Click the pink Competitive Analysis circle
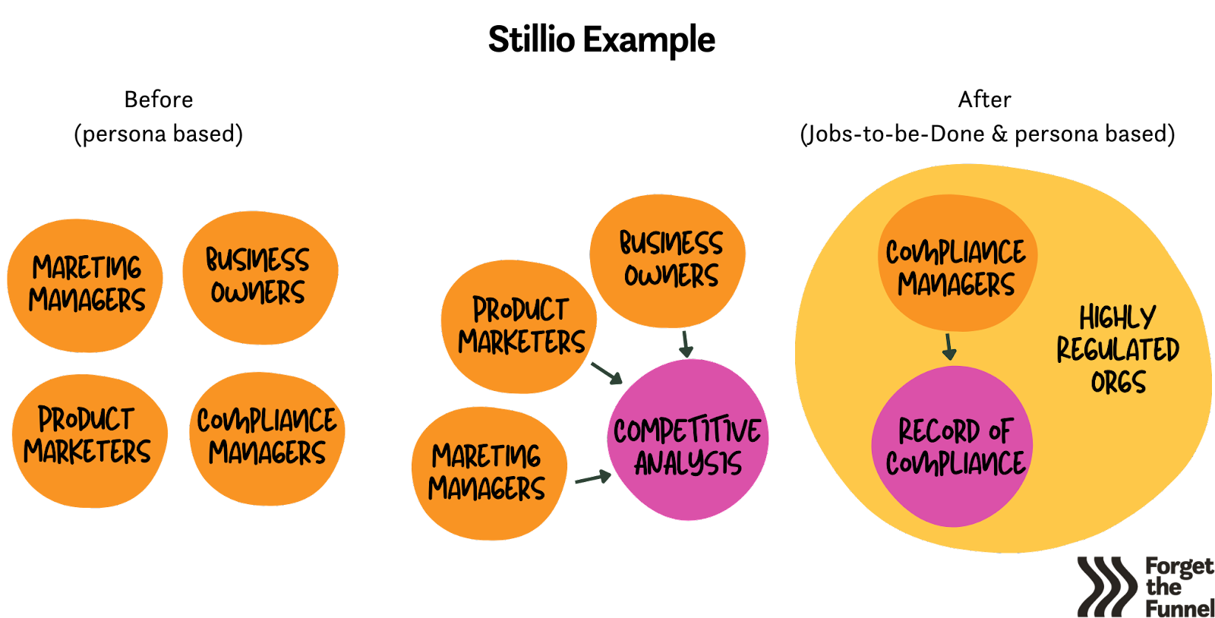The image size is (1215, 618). tap(688, 440)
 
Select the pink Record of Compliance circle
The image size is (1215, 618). tap(952, 446)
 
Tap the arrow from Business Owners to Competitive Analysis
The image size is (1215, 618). tap(686, 343)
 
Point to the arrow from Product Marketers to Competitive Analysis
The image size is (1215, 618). tap(607, 372)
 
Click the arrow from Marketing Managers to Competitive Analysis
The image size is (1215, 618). tap(593, 478)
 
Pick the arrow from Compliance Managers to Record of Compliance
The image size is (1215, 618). tap(948, 346)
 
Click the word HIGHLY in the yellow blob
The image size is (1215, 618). tap(1117, 317)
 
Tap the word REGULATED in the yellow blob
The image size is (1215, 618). tap(1118, 349)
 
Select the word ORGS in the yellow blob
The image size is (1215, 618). tap(1118, 382)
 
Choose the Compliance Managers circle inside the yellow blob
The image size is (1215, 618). tap(955, 262)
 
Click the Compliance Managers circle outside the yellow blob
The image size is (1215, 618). tap(267, 438)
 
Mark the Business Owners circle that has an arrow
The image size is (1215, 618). tap(668, 260)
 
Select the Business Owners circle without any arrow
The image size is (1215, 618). tap(259, 276)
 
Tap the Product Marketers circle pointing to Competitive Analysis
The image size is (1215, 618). tap(519, 326)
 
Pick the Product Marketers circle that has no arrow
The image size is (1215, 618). tap(88, 440)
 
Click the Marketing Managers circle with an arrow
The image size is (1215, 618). tap(488, 473)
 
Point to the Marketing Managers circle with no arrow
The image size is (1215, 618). tap(85, 285)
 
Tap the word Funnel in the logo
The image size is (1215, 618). tap(1179, 608)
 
